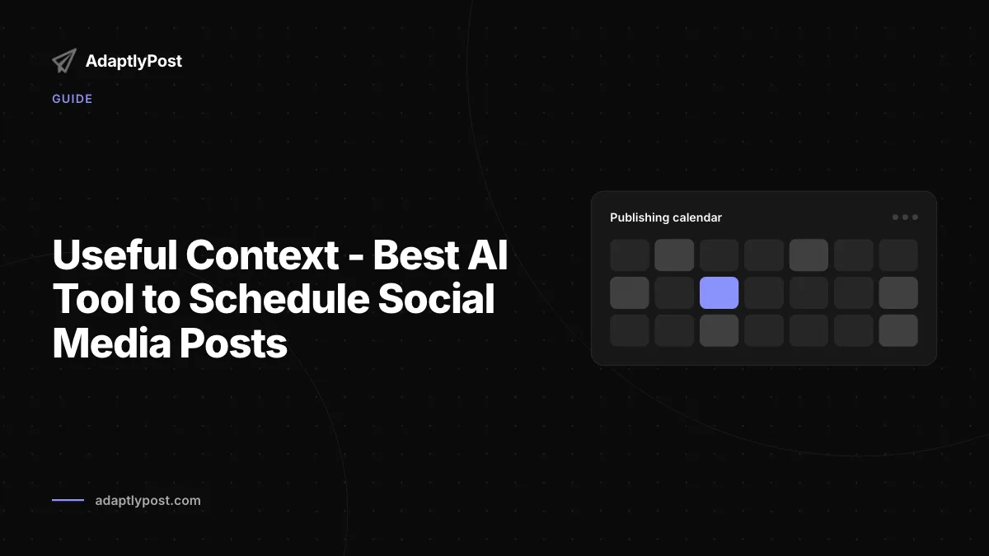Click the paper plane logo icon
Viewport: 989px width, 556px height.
tap(64, 61)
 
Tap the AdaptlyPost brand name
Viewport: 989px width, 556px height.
tap(134, 61)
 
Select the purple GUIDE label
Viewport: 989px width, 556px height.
tap(73, 99)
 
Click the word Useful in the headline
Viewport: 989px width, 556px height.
tap(115, 255)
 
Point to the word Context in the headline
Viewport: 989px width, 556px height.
tap(262, 255)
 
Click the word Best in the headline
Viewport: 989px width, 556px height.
tap(416, 255)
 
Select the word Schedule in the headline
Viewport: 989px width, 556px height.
tap(279, 299)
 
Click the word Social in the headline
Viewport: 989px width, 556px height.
tap(436, 299)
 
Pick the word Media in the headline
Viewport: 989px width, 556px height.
tap(112, 343)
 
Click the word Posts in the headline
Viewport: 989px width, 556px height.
tap(233, 343)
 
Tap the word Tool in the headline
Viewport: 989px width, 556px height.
tap(93, 299)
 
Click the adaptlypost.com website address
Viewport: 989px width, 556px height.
tap(148, 501)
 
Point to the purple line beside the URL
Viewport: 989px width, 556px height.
tap(68, 500)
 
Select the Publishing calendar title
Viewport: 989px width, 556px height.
tap(666, 217)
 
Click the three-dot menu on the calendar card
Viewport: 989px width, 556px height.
tap(905, 217)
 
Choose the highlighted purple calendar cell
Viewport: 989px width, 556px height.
tap(719, 292)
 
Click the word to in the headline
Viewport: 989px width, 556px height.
tap(162, 299)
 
